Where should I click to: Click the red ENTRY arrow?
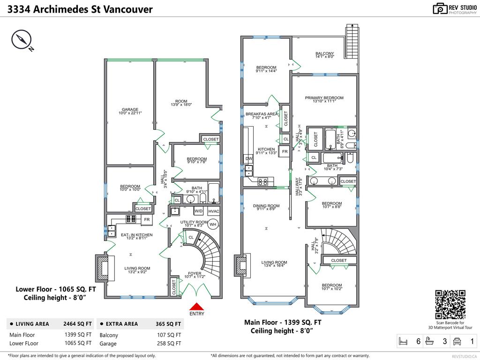196,306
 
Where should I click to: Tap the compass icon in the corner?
21,40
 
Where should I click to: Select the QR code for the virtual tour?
450,304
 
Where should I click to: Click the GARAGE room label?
130,110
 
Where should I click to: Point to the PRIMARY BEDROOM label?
324,98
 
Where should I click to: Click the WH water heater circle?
213,225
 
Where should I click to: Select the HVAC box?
214,211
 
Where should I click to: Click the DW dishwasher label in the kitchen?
249,159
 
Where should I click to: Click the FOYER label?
195,273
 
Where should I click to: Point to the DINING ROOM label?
266,206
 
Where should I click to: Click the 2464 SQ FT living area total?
76,324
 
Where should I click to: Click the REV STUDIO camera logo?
440,8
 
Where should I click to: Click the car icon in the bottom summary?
457,341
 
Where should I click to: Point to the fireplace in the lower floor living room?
102,268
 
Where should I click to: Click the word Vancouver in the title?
126,9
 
